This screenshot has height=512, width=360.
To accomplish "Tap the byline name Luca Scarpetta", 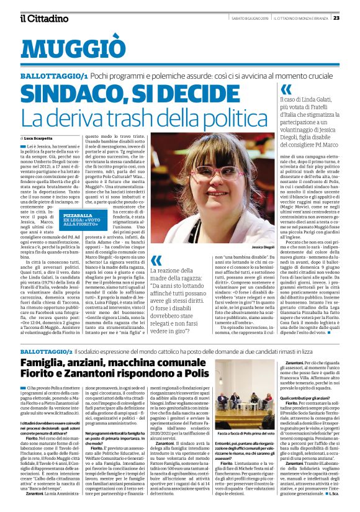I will (38, 138).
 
